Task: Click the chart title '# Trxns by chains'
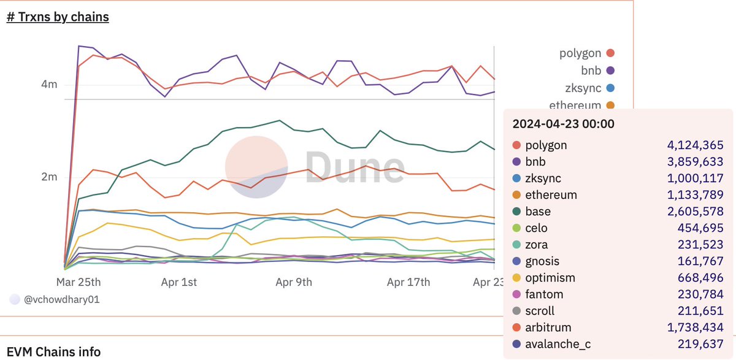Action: (x=58, y=17)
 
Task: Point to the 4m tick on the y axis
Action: (x=48, y=84)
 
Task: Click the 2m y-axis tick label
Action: (x=48, y=177)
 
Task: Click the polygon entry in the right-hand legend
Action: (x=580, y=53)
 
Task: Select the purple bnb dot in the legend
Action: (x=610, y=71)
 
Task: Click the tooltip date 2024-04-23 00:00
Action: (x=563, y=124)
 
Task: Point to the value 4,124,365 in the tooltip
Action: (x=695, y=145)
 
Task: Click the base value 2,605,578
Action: (x=695, y=212)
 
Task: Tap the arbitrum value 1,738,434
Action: (x=695, y=327)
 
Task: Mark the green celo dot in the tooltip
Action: (x=516, y=228)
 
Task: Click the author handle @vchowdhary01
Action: (x=60, y=300)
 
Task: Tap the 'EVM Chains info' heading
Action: (x=54, y=352)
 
